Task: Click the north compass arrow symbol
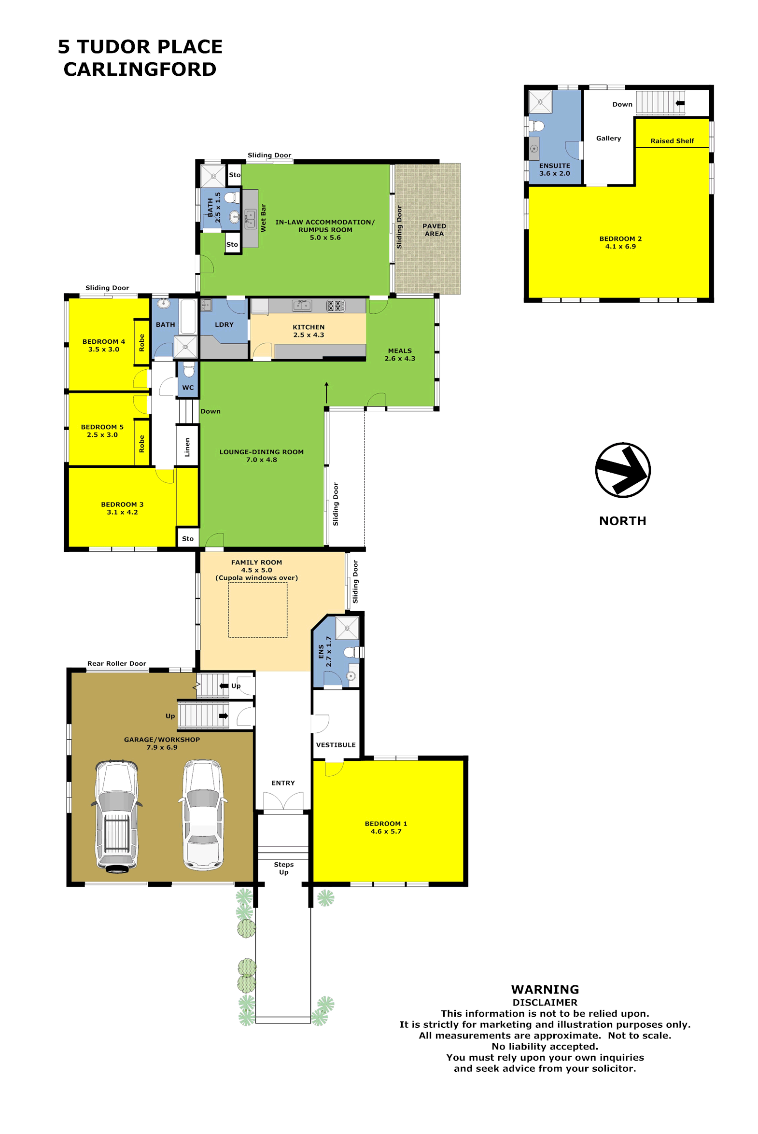click(x=623, y=470)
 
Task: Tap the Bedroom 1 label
click(x=386, y=827)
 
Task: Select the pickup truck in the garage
click(x=116, y=816)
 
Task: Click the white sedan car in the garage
click(x=203, y=815)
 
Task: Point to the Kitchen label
click(x=309, y=331)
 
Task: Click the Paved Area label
click(x=434, y=230)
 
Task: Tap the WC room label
click(x=188, y=388)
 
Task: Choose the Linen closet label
click(x=187, y=447)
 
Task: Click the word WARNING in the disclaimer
click(x=545, y=990)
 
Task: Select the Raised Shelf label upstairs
click(x=672, y=140)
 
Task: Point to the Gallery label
click(x=608, y=138)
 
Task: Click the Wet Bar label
click(x=263, y=218)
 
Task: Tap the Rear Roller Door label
click(x=116, y=663)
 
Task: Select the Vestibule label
click(x=336, y=745)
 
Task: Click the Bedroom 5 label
click(x=102, y=431)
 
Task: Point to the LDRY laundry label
click(x=224, y=324)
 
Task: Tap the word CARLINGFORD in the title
click(x=140, y=69)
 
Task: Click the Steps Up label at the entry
click(x=283, y=868)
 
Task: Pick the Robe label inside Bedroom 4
click(x=141, y=342)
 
